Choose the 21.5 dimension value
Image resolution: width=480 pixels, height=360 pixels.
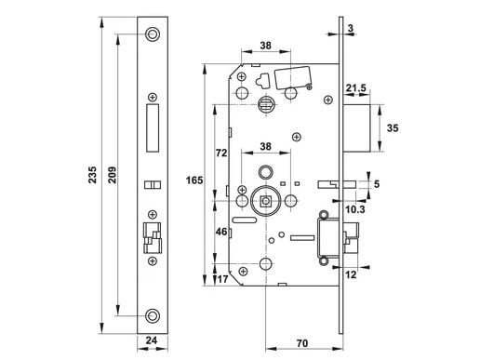(x=354, y=87)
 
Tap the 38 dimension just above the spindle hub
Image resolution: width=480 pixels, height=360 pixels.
(x=266, y=147)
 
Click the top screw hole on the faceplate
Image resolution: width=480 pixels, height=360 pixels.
(x=152, y=34)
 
